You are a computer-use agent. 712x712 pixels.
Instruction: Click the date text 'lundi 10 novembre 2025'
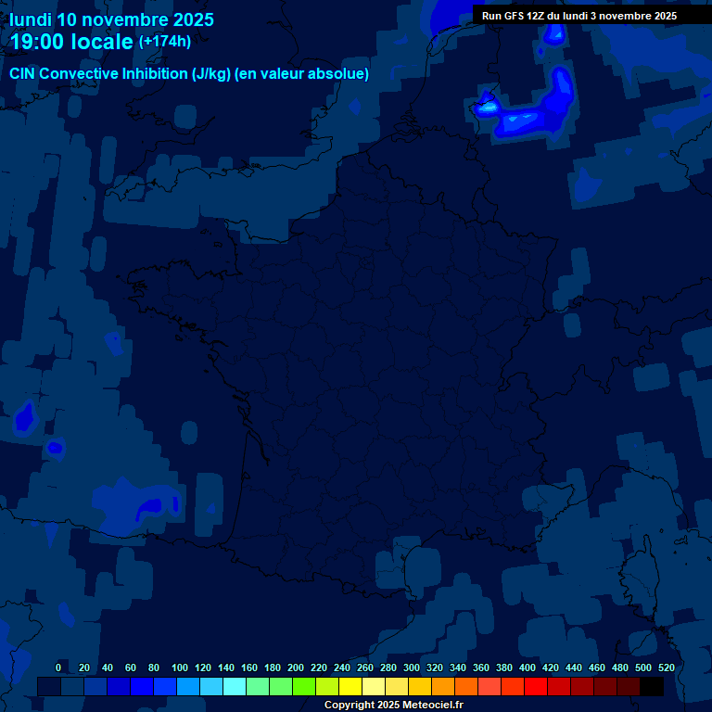pyautogui.click(x=111, y=19)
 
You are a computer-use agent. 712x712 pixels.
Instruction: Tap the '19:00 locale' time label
pyautogui.click(x=71, y=43)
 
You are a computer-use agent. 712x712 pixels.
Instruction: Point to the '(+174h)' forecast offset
pyautogui.click(x=165, y=42)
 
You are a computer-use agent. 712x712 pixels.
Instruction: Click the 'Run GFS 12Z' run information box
pyautogui.click(x=579, y=16)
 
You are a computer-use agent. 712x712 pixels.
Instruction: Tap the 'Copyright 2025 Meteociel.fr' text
pyautogui.click(x=393, y=705)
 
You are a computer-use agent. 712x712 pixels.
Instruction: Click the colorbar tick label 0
pyautogui.click(x=58, y=667)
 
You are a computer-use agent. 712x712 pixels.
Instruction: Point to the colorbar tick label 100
pyautogui.click(x=180, y=667)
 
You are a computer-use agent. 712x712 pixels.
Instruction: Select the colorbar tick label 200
pyautogui.click(x=296, y=667)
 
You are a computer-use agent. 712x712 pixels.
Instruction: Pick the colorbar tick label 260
pyautogui.click(x=365, y=667)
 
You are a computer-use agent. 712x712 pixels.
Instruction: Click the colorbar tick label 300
pyautogui.click(x=412, y=667)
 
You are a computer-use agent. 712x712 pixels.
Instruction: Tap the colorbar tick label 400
pyautogui.click(x=528, y=667)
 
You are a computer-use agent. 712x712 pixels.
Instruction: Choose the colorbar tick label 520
pyautogui.click(x=667, y=667)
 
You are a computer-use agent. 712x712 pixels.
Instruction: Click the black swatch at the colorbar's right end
pyautogui.click(x=652, y=686)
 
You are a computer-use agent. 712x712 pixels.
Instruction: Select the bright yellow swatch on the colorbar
pyautogui.click(x=350, y=686)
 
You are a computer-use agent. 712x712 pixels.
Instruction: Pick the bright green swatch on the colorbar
pyautogui.click(x=304, y=686)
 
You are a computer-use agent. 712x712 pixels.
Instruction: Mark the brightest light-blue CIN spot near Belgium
pyautogui.click(x=488, y=108)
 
